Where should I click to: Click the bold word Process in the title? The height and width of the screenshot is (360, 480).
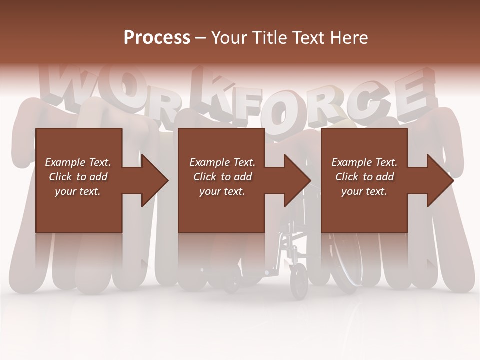157,38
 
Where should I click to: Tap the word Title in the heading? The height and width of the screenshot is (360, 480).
269,38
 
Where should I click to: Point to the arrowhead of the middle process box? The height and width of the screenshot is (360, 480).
297,180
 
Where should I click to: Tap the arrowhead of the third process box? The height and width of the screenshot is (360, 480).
440,180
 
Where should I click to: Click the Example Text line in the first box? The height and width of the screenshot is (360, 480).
78,162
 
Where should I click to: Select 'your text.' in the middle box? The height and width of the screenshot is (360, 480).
222,191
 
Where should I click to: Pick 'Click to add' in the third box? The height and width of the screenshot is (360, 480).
364,177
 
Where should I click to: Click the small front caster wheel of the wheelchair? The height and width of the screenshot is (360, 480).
298,281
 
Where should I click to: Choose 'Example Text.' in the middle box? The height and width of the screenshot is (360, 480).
222,162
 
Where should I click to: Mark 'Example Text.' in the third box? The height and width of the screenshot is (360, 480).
364,162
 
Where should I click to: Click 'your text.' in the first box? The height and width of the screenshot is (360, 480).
78,191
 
